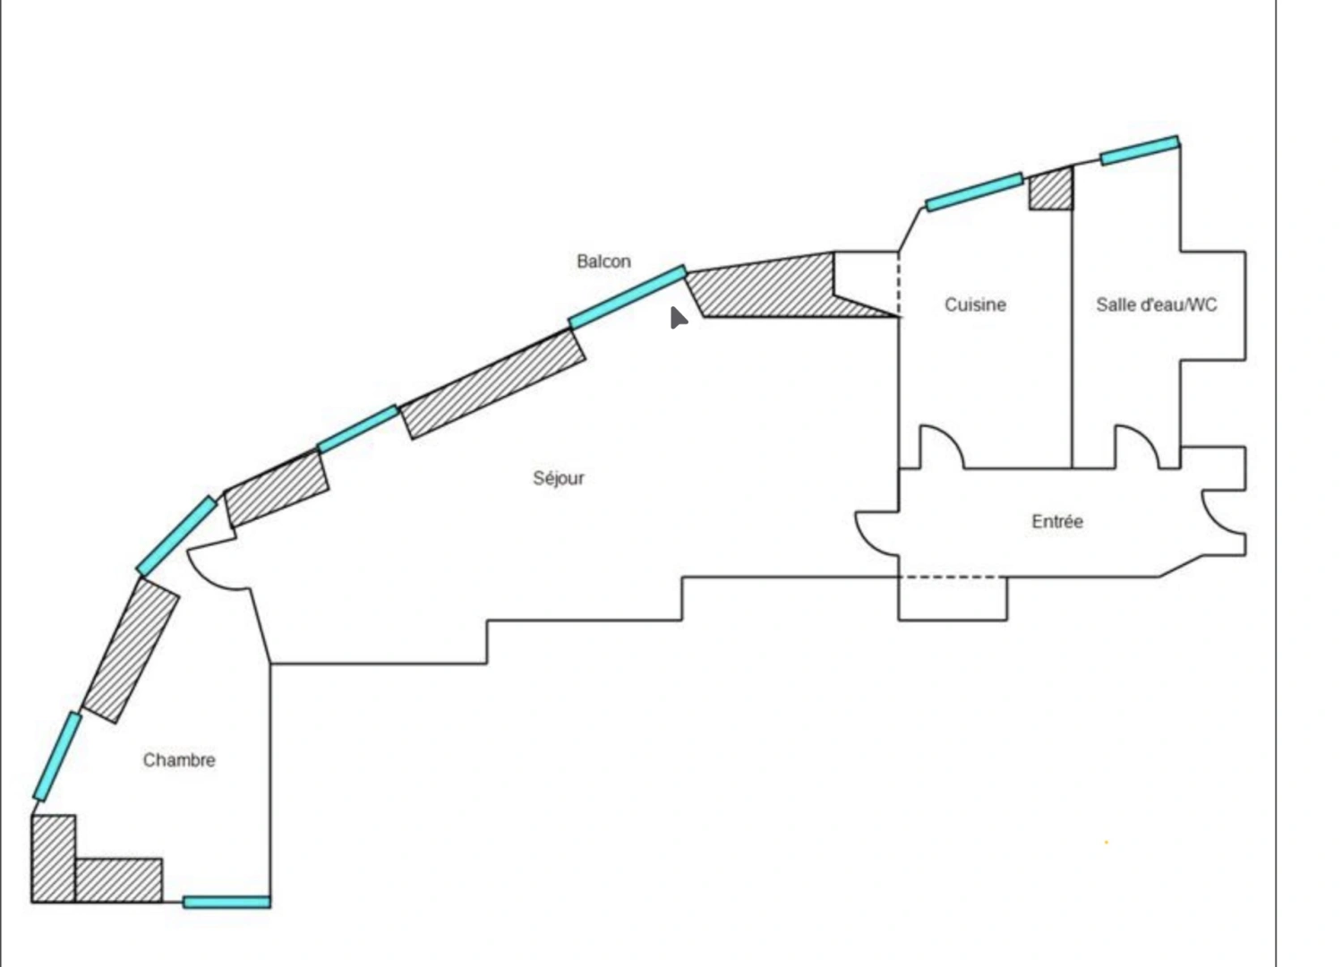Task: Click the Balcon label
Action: tap(603, 261)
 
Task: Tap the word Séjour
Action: tap(559, 478)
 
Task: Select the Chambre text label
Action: tap(179, 760)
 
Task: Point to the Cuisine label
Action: tap(975, 304)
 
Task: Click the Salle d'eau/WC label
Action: tap(1157, 304)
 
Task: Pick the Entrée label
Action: tap(1057, 521)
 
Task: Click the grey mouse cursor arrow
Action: tap(678, 318)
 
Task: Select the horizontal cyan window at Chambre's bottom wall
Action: tap(227, 903)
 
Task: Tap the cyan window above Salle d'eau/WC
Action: tap(1140, 150)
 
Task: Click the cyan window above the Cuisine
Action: tap(974, 192)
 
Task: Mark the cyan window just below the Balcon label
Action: tap(628, 297)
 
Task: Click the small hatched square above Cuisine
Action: tap(1051, 189)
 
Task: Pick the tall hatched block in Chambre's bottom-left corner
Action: tap(54, 859)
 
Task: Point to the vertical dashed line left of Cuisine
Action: tap(899, 285)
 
